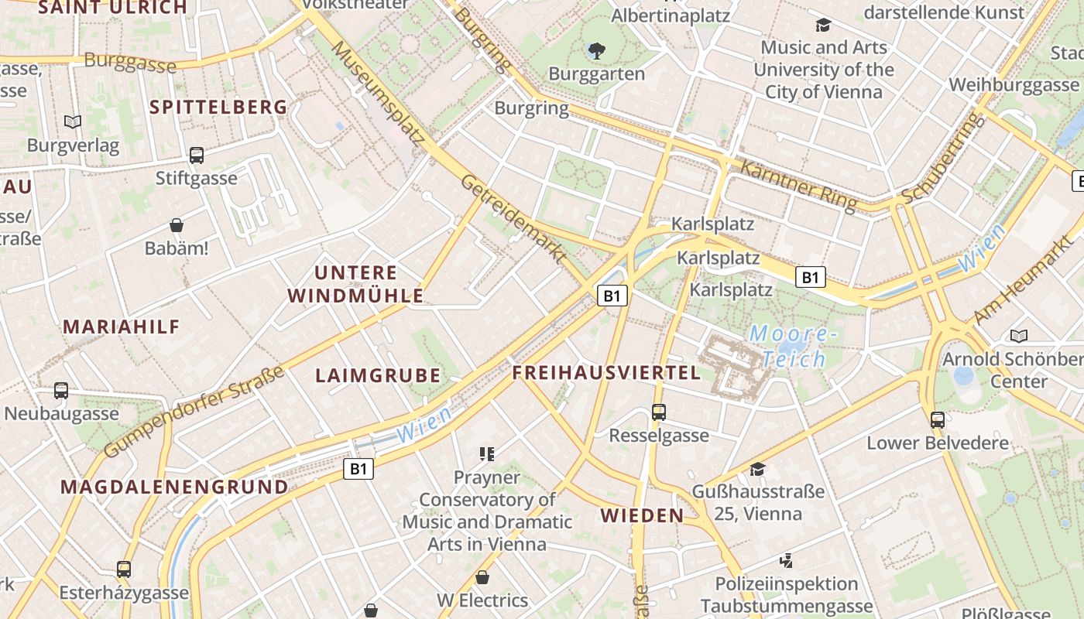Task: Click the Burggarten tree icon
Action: pyautogui.click(x=596, y=52)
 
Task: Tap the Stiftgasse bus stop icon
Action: pyautogui.click(x=197, y=155)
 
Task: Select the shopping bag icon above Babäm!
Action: pyautogui.click(x=177, y=225)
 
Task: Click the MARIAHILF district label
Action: pyautogui.click(x=122, y=327)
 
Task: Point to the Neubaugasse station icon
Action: pyautogui.click(x=61, y=391)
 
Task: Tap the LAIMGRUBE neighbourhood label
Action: pyautogui.click(x=378, y=376)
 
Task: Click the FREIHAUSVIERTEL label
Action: pyautogui.click(x=606, y=373)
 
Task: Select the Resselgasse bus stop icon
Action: pyautogui.click(x=659, y=412)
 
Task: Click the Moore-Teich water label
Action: pyautogui.click(x=794, y=346)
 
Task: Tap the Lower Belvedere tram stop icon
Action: pyautogui.click(x=938, y=420)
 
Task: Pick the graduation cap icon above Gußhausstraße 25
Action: pyautogui.click(x=757, y=469)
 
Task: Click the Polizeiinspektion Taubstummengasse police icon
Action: pyautogui.click(x=787, y=560)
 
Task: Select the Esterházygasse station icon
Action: pyautogui.click(x=124, y=569)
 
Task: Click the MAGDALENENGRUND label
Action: pyautogui.click(x=174, y=487)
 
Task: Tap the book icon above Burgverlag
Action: pyautogui.click(x=73, y=121)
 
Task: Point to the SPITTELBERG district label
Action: pyautogui.click(x=219, y=108)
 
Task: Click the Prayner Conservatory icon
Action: pyautogui.click(x=487, y=454)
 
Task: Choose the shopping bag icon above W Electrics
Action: pyautogui.click(x=482, y=577)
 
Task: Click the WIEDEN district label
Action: pyautogui.click(x=642, y=515)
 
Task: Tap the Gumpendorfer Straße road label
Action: pyautogui.click(x=194, y=413)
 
